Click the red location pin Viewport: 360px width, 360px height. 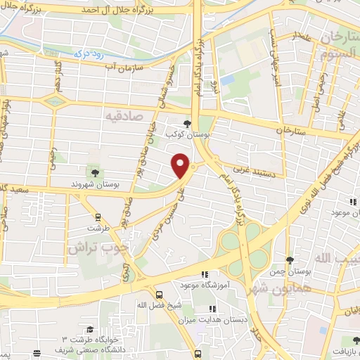(181, 165)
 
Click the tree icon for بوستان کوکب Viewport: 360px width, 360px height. (186, 122)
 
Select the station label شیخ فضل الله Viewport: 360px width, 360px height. (152, 304)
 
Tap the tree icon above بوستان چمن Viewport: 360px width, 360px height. (290, 260)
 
